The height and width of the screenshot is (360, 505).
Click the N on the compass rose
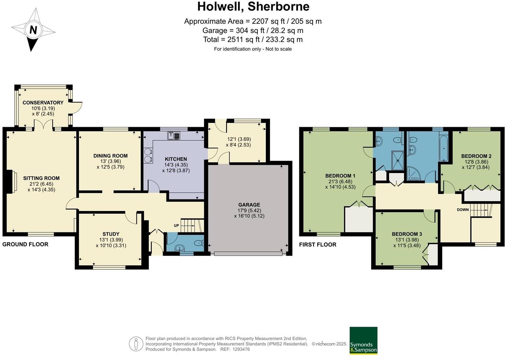point(33,30)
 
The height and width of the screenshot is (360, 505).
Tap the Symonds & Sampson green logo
point(363,340)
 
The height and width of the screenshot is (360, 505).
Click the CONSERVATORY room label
point(43,103)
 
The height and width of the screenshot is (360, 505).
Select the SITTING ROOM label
point(41,178)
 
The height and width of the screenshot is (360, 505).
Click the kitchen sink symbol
point(174,136)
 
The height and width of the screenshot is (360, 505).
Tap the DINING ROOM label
point(110,156)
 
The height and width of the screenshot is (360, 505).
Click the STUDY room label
point(111,234)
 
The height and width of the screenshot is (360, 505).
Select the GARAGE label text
point(249,205)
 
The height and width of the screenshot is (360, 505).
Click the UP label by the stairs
point(176,225)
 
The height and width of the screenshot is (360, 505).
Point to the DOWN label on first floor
point(462,210)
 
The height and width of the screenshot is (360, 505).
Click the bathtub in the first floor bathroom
point(443,148)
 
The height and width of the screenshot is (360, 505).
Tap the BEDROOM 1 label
point(340,176)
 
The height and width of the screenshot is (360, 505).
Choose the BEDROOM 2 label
point(476,156)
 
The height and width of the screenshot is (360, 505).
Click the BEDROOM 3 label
point(407,234)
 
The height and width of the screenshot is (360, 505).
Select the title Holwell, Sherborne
point(253,6)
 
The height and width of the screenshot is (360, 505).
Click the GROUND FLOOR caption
point(25,244)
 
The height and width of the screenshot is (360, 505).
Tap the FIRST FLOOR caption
point(317,244)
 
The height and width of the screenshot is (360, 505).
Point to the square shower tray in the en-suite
point(398,160)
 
